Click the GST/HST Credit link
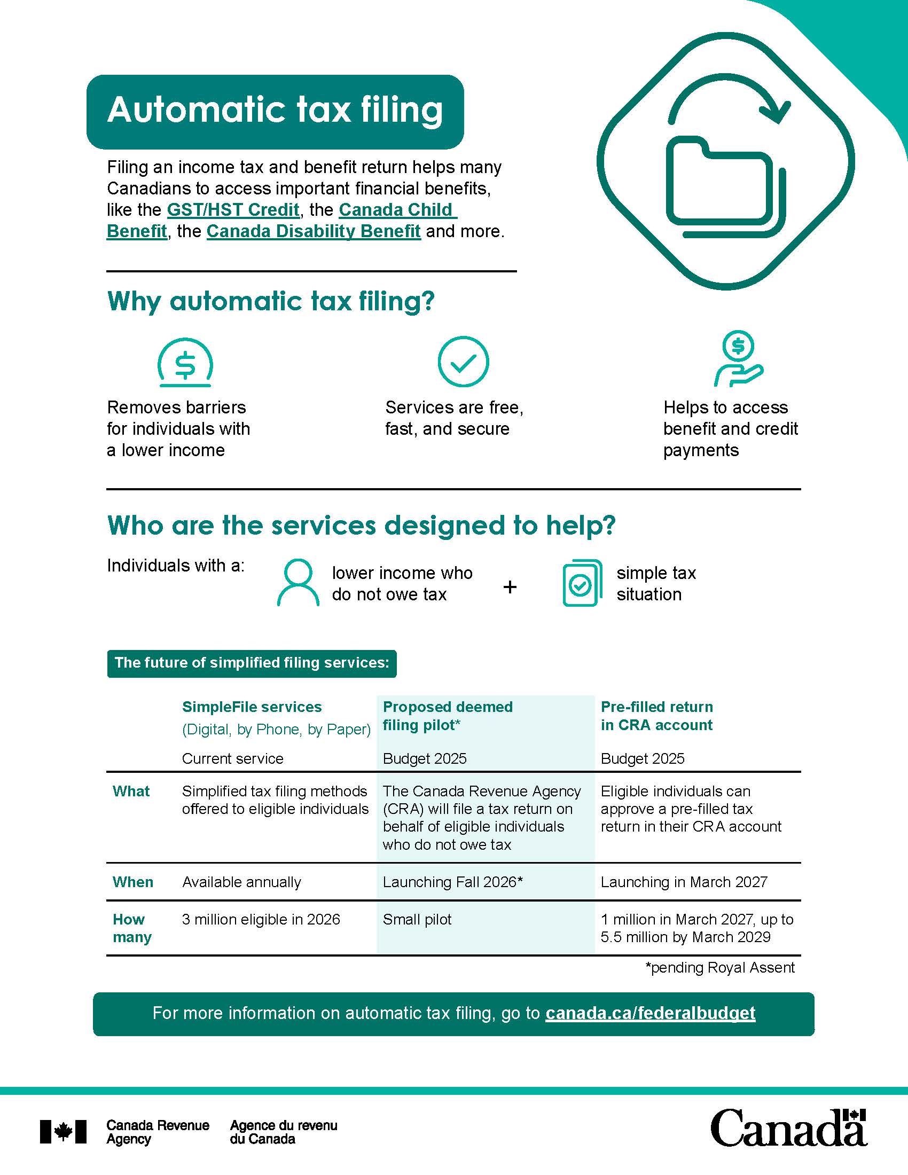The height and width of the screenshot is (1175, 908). pos(233,210)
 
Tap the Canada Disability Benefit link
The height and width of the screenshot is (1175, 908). pos(313,231)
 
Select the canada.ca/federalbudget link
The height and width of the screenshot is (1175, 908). pos(650,1013)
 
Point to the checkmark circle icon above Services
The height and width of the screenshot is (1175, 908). pos(463,362)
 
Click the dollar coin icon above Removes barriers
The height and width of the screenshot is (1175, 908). pos(185,363)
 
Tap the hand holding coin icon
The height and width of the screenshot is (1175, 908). pos(738,359)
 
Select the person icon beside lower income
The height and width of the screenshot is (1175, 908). pos(298,583)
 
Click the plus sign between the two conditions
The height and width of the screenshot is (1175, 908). pos(510,586)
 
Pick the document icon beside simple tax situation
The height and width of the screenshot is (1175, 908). pos(582,583)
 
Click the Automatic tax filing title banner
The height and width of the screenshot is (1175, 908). pos(275,112)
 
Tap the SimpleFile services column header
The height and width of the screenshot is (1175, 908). pos(252,707)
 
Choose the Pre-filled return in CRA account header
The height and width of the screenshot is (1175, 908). pos(656,716)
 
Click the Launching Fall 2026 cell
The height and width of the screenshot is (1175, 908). pos(452,882)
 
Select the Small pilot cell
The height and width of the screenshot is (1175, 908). pos(417,920)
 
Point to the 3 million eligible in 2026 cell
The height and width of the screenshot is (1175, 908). pos(261,920)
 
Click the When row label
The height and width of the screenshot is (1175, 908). pos(133,882)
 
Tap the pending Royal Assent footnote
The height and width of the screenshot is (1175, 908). pos(720,968)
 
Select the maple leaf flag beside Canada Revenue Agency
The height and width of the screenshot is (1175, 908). pos(63,1131)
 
